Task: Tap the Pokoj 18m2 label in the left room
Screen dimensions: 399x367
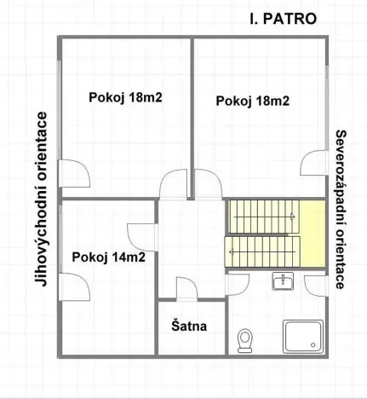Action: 125,96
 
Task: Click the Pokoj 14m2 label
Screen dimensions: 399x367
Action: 106,257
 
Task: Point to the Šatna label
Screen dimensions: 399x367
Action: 188,326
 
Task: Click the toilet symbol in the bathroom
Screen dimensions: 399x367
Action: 246,341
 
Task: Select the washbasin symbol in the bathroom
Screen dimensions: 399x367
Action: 283,282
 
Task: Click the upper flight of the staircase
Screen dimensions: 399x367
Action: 260,215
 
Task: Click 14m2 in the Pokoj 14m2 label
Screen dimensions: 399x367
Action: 124,257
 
